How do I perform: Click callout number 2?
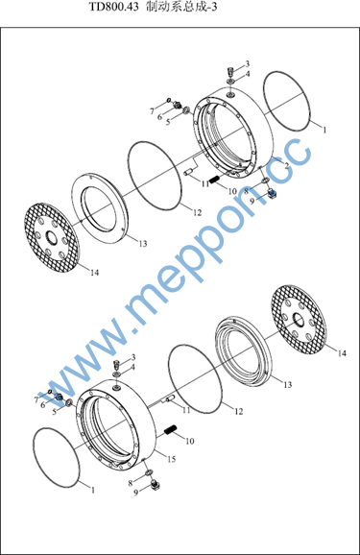[287, 165]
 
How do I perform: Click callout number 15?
[172, 459]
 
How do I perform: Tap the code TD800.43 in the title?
[113, 7]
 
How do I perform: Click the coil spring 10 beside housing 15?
[171, 430]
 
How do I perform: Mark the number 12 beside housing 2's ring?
[197, 212]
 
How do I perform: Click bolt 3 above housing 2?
[230, 70]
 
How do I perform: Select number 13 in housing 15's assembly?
[288, 384]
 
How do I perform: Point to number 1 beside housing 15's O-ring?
[93, 491]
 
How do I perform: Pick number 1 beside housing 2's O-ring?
[324, 130]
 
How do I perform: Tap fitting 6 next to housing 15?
[60, 398]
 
